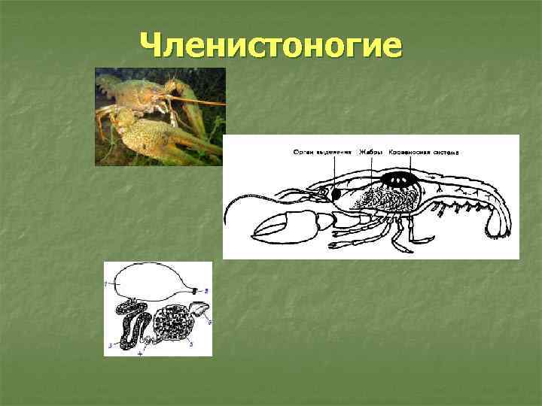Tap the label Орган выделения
click(x=322, y=152)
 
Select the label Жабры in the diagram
click(x=370, y=152)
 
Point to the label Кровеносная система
click(x=422, y=152)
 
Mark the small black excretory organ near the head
click(x=335, y=194)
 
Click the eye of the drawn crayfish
click(x=323, y=192)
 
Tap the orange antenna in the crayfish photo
click(x=199, y=101)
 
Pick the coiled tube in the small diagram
click(x=135, y=327)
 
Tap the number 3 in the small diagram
click(x=111, y=345)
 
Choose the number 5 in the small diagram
click(x=191, y=345)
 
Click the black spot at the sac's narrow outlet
click(x=196, y=290)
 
